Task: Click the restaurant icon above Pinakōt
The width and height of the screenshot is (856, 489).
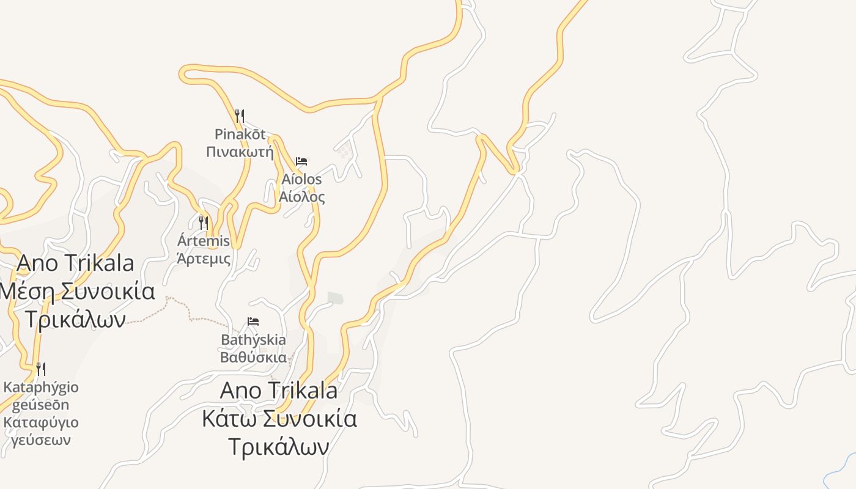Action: click(240, 116)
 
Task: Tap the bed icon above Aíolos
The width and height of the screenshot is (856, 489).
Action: click(301, 161)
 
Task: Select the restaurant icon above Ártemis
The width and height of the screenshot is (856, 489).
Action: click(204, 222)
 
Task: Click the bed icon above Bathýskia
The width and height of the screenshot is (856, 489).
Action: click(253, 322)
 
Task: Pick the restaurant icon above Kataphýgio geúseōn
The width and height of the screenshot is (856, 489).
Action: click(41, 369)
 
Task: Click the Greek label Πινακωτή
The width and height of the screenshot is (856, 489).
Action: click(240, 152)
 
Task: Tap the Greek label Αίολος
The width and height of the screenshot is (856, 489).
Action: click(302, 197)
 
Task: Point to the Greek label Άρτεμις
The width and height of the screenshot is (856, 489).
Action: click(204, 258)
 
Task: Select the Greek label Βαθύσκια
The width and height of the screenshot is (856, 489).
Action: click(253, 357)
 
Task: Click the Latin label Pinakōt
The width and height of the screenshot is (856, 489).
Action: click(240, 134)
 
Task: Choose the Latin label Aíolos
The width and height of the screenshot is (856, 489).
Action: click(301, 179)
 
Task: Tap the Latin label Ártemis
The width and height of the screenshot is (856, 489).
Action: click(204, 240)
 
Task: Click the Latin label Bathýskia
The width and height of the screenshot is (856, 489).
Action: click(253, 339)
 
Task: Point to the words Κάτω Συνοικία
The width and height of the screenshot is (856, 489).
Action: click(279, 419)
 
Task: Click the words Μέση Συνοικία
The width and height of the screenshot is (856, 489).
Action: click(77, 291)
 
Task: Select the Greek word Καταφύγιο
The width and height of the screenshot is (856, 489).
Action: click(41, 422)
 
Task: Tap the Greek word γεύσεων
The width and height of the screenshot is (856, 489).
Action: click(41, 440)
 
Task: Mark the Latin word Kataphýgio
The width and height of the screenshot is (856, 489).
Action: click(41, 387)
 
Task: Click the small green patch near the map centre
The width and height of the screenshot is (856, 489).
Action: click(335, 298)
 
